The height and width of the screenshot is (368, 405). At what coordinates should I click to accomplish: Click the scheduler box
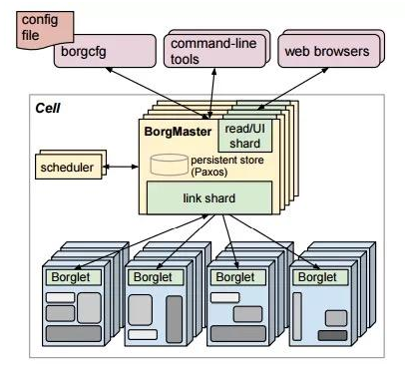coord(69,167)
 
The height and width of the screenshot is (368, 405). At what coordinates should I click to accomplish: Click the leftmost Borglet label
coord(70,277)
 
